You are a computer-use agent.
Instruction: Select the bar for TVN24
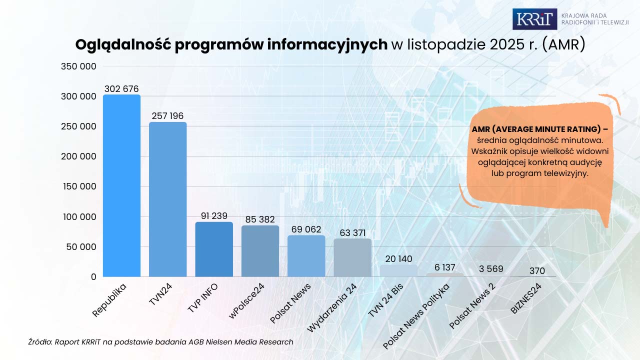pos(167,199)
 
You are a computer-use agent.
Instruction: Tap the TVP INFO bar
pos(214,249)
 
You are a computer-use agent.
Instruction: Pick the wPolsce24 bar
pos(260,251)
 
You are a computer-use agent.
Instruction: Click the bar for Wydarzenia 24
pos(352,258)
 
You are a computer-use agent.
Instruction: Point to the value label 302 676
pos(121,89)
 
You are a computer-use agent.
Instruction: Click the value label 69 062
pos(306,229)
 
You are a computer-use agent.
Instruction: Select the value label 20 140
pos(398,259)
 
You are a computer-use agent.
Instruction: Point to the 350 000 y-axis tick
pos(78,66)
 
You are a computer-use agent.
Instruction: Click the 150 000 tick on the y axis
pos(78,186)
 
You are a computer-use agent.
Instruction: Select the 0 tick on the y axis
pos(93,276)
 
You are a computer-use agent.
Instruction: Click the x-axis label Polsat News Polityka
pos(416,316)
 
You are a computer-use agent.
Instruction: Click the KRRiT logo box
pos(534,19)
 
